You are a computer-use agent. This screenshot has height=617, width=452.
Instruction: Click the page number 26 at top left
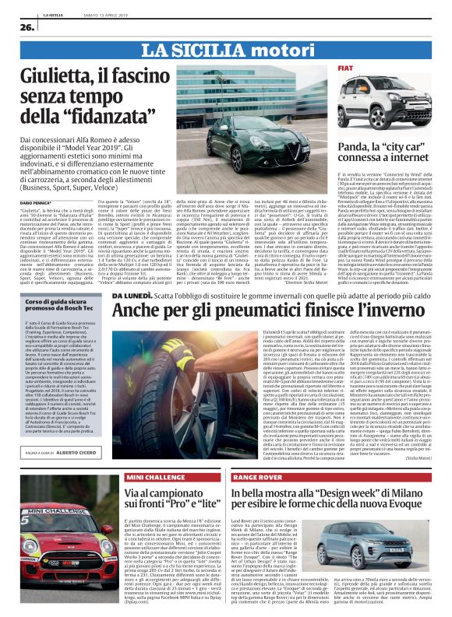[x=16, y=28]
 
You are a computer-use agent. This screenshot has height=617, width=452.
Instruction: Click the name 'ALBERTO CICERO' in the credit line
[x=77, y=451]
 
